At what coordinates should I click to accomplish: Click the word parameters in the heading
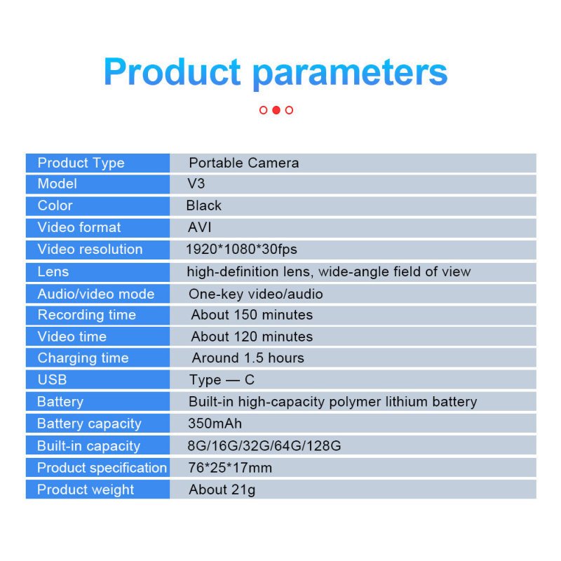pyautogui.click(x=350, y=74)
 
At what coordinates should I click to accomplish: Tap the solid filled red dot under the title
pyautogui.click(x=276, y=110)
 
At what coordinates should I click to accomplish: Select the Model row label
pyautogui.click(x=58, y=184)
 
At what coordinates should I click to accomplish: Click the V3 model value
pyautogui.click(x=196, y=184)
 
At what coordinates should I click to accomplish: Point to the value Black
pyautogui.click(x=204, y=205)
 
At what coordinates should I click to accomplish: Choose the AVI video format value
pyautogui.click(x=200, y=227)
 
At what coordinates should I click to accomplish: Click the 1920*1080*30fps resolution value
pyautogui.click(x=241, y=250)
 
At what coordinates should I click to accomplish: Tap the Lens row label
pyautogui.click(x=53, y=271)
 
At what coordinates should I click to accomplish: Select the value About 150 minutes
pyautogui.click(x=252, y=315)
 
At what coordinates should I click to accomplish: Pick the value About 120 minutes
pyautogui.click(x=252, y=337)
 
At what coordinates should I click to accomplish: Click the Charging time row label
pyautogui.click(x=83, y=358)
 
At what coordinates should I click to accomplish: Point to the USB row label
pyautogui.click(x=52, y=379)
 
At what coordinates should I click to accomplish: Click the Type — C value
pyautogui.click(x=222, y=380)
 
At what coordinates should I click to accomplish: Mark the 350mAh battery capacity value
pyautogui.click(x=215, y=424)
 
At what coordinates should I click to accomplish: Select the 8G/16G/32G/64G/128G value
pyautogui.click(x=264, y=446)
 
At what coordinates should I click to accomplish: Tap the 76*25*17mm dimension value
pyautogui.click(x=230, y=468)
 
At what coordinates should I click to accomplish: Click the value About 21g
pyautogui.click(x=222, y=489)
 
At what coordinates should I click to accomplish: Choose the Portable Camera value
pyautogui.click(x=244, y=163)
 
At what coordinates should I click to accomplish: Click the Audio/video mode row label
pyautogui.click(x=96, y=294)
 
